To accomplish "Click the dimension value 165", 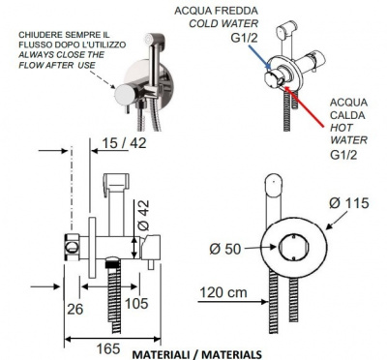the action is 108,348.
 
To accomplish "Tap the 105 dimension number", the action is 136,303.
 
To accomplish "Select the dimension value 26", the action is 75,309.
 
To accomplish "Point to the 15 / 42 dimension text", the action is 124,143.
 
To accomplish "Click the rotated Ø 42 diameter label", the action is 143,215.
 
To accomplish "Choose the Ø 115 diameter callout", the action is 348,203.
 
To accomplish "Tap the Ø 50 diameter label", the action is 225,249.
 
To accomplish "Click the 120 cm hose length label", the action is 223,292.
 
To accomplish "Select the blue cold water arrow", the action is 259,57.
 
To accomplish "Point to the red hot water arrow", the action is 305,105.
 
